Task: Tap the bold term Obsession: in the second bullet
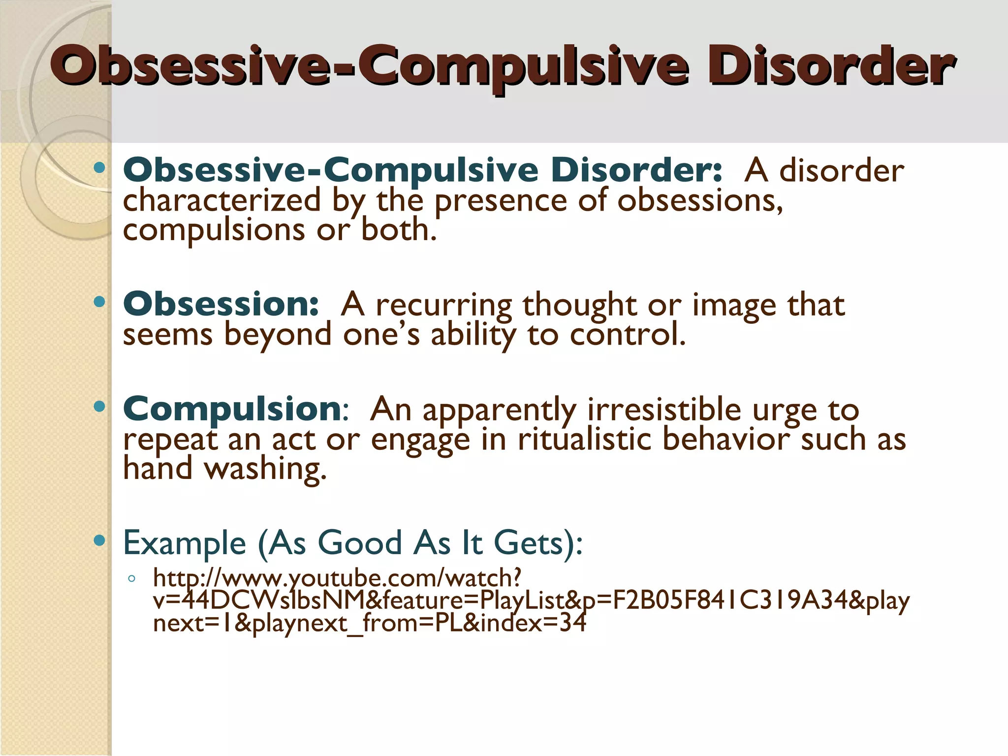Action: [x=221, y=304]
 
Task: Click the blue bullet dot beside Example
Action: [x=99, y=540]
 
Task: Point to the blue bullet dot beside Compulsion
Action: [x=99, y=407]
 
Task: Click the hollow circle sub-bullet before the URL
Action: [x=131, y=579]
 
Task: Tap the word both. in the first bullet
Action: [x=399, y=230]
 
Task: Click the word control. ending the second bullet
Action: [x=628, y=335]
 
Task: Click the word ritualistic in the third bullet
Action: [x=584, y=439]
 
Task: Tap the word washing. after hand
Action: [x=265, y=469]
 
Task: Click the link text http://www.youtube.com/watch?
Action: [x=337, y=578]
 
